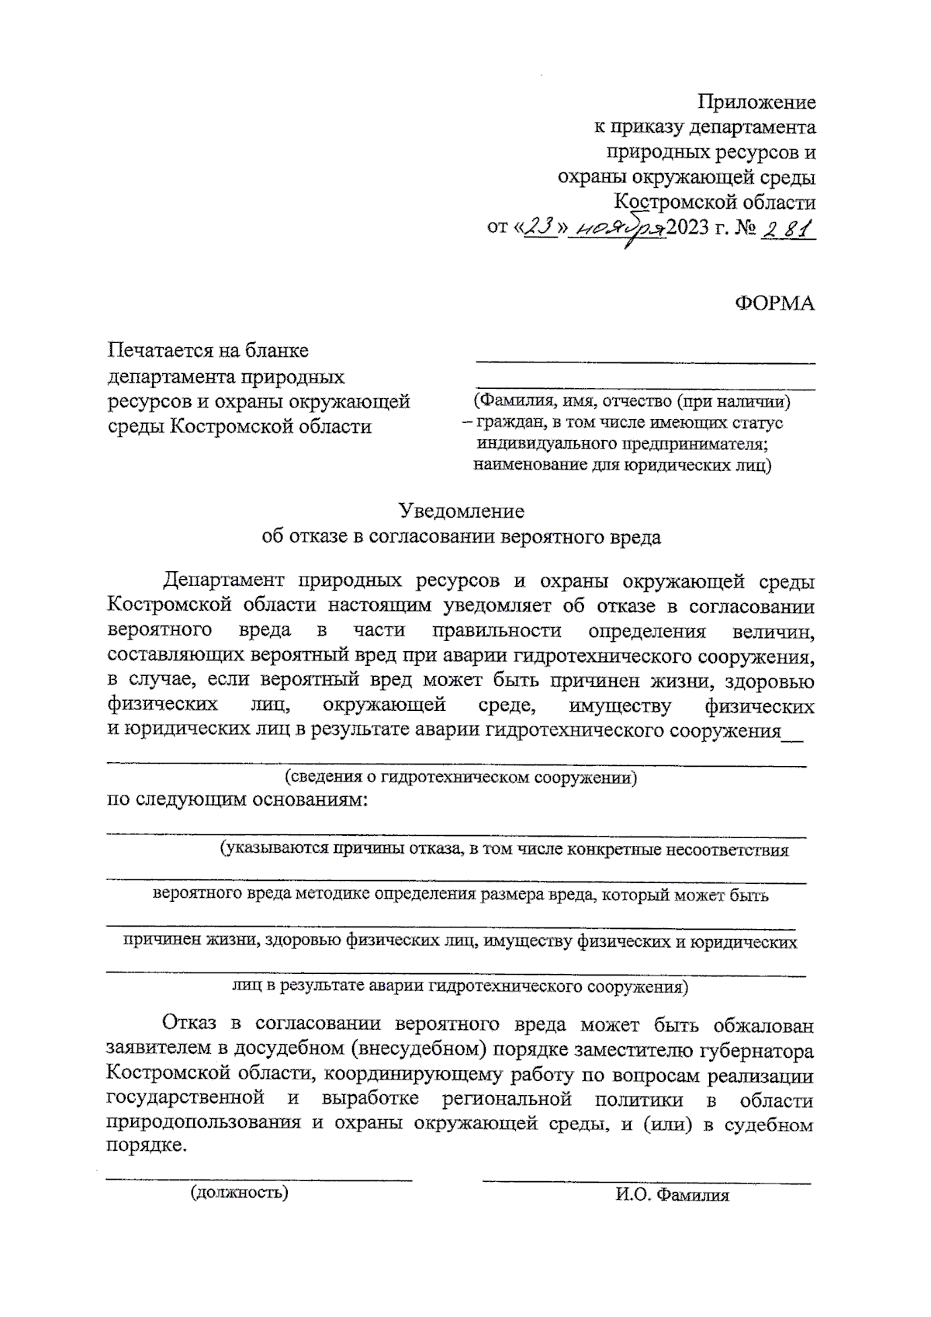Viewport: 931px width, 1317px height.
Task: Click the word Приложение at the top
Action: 756,102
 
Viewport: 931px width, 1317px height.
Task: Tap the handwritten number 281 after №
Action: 788,229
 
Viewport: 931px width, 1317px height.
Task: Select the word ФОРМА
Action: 774,303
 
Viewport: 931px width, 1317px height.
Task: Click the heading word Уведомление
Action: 461,511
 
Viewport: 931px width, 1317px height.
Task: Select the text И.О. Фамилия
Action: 673,1195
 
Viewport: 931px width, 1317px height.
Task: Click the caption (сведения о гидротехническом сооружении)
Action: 461,777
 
